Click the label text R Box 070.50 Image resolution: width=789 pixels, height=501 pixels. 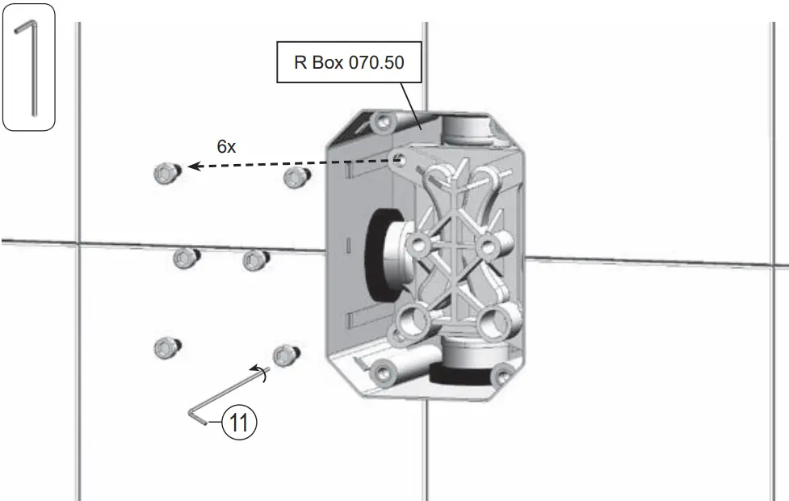point(348,63)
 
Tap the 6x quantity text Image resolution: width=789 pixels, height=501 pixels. point(226,146)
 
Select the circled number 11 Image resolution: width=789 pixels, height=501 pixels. point(240,422)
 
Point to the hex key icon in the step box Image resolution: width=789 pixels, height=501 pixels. point(29,68)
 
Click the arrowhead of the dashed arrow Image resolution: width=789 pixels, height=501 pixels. point(193,167)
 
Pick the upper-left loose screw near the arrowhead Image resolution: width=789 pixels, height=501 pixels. point(164,171)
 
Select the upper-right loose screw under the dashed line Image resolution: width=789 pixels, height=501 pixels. point(295,178)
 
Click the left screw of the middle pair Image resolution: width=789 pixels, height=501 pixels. point(186,259)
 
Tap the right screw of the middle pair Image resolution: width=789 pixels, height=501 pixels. point(255,259)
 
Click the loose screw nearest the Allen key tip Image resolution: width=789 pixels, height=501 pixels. point(285,354)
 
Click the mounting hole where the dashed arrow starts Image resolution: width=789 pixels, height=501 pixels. point(399,159)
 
